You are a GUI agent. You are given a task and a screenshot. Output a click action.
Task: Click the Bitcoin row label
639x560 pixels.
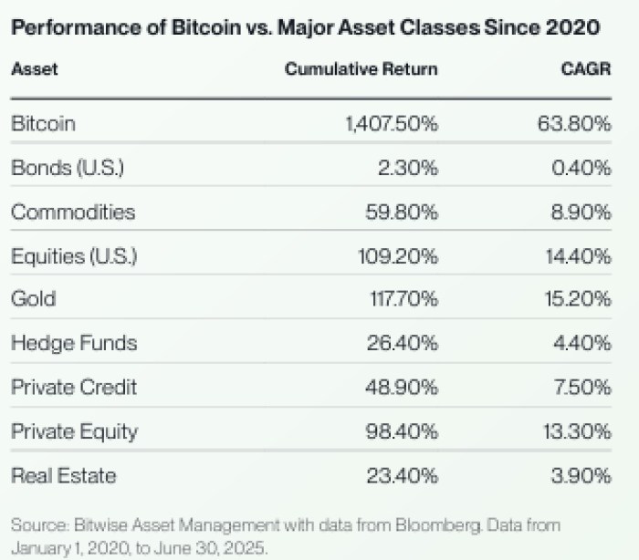[43, 124]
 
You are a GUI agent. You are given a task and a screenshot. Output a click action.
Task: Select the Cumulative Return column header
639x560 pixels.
[361, 69]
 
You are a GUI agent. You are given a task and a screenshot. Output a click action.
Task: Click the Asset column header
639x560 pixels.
[34, 69]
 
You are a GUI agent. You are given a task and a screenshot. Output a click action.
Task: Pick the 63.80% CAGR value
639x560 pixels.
[574, 124]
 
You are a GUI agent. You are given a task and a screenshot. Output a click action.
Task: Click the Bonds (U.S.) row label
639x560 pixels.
[67, 168]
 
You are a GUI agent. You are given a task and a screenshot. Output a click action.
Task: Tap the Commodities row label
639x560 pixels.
[73, 212]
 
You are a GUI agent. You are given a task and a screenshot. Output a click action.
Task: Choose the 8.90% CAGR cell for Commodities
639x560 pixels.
[580, 212]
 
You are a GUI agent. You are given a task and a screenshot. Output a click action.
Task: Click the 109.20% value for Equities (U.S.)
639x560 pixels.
[399, 256]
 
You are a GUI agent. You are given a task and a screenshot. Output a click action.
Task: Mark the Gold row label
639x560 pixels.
[33, 299]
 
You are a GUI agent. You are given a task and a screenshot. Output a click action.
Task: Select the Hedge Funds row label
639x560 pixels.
[74, 343]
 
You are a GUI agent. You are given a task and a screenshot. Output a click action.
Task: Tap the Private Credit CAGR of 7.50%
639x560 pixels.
[580, 387]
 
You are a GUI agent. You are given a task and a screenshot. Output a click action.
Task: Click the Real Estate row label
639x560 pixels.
[64, 475]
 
